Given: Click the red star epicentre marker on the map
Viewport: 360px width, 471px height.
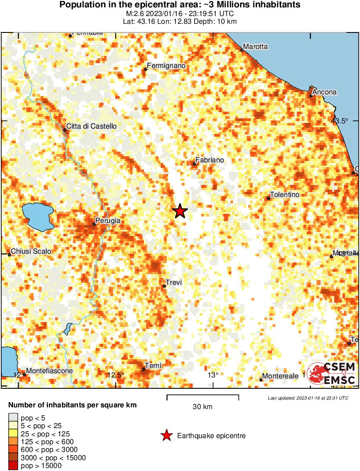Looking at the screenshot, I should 180,211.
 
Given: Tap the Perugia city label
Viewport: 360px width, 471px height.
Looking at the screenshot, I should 108,221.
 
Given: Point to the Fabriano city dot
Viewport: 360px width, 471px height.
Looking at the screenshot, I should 194,164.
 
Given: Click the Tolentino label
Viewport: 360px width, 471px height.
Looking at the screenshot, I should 285,195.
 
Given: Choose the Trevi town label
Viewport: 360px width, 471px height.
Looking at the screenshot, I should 174,283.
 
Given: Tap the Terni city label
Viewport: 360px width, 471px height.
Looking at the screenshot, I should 153,366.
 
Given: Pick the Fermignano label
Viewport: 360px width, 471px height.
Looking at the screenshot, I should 166,66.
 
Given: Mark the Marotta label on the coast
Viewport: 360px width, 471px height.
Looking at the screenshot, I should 256,47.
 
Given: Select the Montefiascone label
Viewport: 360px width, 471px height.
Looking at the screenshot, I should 49,371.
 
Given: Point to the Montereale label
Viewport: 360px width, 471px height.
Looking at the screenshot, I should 280,376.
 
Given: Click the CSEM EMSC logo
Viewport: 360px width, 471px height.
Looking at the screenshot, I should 332,374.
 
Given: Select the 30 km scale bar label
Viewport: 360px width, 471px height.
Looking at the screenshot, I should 202,407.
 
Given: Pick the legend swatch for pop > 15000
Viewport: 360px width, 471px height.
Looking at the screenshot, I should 13,466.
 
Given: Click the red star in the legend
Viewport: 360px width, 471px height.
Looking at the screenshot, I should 166,436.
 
